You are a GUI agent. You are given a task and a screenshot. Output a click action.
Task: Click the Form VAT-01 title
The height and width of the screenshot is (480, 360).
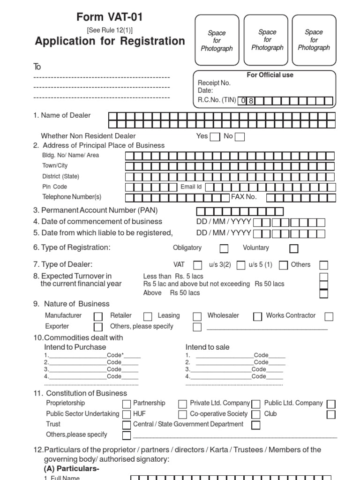pos(110,18)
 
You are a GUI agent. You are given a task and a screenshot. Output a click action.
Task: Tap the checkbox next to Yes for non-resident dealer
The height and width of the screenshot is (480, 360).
pos(215,137)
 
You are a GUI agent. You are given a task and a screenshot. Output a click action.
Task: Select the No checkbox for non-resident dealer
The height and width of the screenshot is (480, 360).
pos(240,137)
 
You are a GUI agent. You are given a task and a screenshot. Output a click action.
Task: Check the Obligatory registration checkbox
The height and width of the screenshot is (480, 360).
pos(224,248)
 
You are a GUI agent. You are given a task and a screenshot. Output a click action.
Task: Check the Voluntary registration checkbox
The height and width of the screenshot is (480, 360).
pos(294,248)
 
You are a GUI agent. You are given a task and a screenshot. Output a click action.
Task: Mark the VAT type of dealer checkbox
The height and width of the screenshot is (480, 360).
pos(198,265)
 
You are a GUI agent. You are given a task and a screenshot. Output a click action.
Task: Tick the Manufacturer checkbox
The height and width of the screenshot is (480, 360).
pos(98,316)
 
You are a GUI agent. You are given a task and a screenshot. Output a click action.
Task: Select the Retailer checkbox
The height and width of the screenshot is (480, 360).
pos(148,316)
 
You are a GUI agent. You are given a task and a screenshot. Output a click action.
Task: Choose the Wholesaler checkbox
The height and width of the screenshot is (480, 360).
pos(257,316)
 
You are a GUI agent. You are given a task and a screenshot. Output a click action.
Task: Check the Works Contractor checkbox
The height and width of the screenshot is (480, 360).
pos(329,316)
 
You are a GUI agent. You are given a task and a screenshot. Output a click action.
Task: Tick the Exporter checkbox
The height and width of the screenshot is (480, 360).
pos(98,327)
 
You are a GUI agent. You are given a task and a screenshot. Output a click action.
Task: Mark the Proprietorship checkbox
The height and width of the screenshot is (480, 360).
pos(127,404)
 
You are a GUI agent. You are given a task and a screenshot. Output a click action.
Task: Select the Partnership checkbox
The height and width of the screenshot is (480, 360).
pos(183,404)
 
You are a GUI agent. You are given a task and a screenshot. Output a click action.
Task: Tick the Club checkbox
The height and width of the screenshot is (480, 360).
pos(331,415)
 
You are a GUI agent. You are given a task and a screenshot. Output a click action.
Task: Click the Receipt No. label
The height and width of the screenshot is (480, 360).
pos(214,83)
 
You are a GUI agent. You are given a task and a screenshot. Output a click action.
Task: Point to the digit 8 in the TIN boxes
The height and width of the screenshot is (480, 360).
pos(251,100)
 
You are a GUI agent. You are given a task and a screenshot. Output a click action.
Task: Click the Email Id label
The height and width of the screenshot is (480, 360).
pos(191,187)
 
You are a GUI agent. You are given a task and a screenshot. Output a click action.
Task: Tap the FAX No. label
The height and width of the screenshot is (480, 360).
pos(244,197)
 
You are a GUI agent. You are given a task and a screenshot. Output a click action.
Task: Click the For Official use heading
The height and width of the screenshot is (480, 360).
pos(270,75)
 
